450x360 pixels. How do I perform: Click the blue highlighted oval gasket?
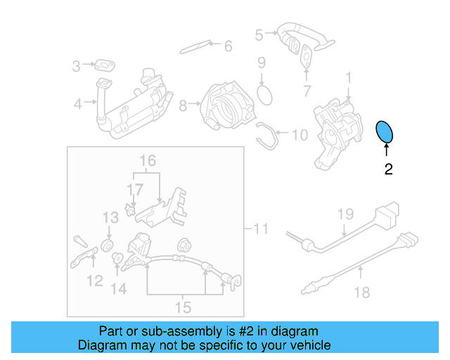pyautogui.click(x=385, y=131)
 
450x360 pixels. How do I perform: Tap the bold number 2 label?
pyautogui.click(x=387, y=169)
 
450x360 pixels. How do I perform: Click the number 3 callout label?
pyautogui.click(x=76, y=67)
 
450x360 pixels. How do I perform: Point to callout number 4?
pyautogui.click(x=77, y=105)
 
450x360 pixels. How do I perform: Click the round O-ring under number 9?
pyautogui.click(x=263, y=94)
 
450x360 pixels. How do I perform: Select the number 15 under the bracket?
pyautogui.click(x=183, y=307)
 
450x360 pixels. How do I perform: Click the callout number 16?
pyautogui.click(x=146, y=161)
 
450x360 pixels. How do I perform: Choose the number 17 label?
pyautogui.click(x=134, y=189)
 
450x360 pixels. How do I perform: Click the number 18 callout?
pyautogui.click(x=361, y=292)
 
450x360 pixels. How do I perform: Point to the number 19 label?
pyautogui.click(x=345, y=214)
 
